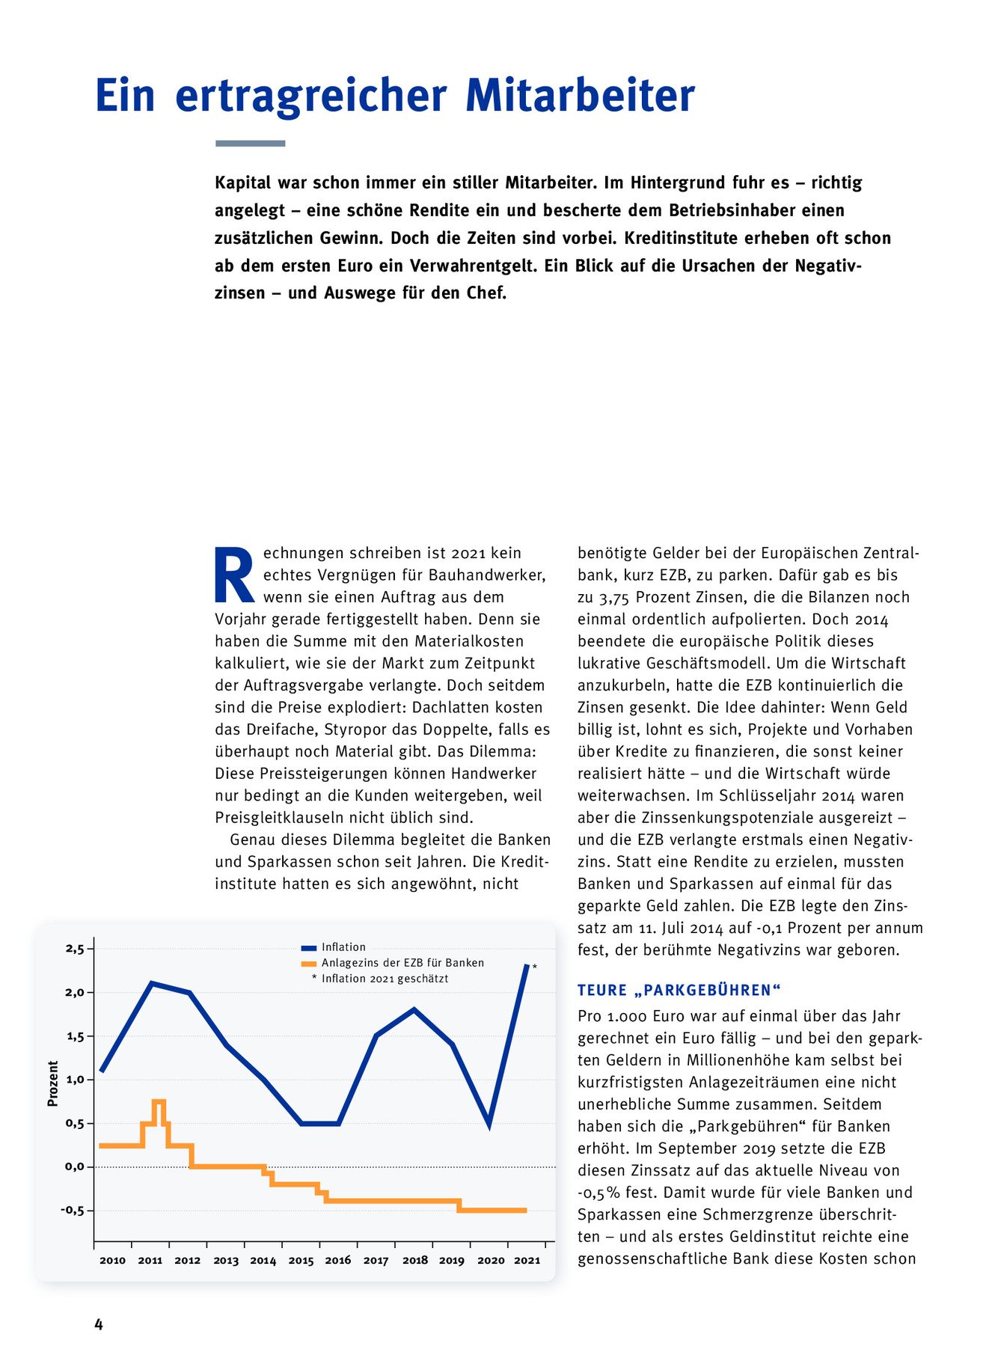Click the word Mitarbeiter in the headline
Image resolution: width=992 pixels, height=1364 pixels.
click(x=580, y=96)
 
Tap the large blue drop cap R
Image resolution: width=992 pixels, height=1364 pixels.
click(x=234, y=575)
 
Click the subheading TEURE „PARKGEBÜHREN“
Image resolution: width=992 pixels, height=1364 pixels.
click(x=679, y=990)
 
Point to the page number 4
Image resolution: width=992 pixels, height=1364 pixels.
click(x=99, y=1324)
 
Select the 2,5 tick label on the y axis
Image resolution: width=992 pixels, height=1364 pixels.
click(x=75, y=949)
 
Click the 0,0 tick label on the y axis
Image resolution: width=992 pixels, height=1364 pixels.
click(x=75, y=1166)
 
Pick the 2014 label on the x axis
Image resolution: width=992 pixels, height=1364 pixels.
click(x=263, y=1260)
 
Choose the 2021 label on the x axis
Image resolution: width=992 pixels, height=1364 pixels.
click(x=527, y=1260)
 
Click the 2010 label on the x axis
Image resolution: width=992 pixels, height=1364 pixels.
click(x=112, y=1260)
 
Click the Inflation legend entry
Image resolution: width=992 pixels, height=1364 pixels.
click(x=343, y=947)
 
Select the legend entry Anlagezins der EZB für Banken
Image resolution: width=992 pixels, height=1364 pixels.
click(x=402, y=963)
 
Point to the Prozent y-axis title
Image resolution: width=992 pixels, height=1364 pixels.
click(x=53, y=1083)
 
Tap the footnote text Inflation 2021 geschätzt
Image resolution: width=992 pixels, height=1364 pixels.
click(x=385, y=979)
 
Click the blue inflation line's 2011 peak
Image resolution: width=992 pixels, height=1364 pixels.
click(x=152, y=983)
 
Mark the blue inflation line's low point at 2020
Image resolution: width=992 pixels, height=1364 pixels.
click(x=489, y=1124)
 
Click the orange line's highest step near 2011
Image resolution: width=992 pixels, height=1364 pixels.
click(x=159, y=1101)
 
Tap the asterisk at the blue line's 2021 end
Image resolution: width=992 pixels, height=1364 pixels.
click(x=534, y=967)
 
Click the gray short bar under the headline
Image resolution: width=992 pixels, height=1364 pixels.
click(x=250, y=143)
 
